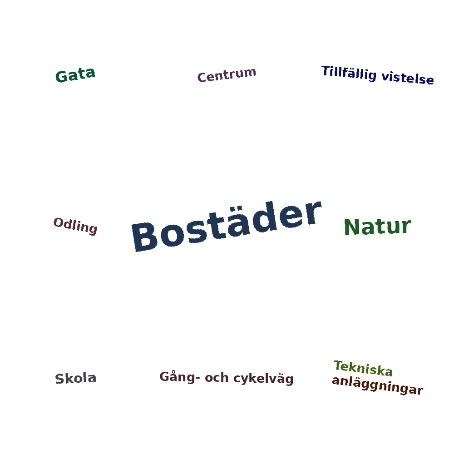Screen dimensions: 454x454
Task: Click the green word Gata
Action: (75, 75)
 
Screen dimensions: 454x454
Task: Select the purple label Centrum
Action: (227, 75)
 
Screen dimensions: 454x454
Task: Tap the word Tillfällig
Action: (349, 73)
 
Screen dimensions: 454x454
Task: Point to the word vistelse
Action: (408, 78)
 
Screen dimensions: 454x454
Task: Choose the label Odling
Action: (75, 226)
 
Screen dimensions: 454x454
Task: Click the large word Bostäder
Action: (227, 226)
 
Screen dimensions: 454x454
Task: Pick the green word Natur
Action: (377, 227)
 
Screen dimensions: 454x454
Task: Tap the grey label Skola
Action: (75, 379)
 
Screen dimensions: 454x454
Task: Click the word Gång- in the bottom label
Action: (179, 377)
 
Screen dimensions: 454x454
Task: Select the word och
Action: (217, 378)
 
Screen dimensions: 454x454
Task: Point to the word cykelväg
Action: (263, 379)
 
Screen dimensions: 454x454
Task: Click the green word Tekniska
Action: (363, 368)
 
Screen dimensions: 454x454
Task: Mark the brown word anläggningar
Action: (378, 385)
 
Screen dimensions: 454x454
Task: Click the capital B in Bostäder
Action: (145, 237)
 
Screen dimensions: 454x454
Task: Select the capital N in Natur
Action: (351, 227)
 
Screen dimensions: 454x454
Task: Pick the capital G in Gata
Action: (61, 76)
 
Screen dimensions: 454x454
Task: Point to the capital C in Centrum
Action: (202, 78)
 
